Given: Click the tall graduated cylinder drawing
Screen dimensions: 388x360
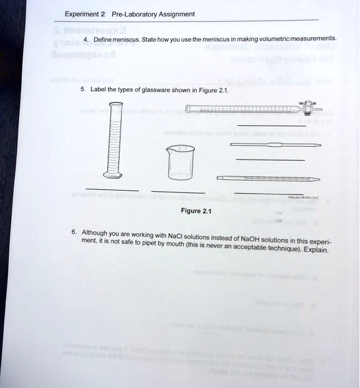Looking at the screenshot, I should click(x=116, y=139).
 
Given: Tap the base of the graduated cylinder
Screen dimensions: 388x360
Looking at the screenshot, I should click(x=116, y=178).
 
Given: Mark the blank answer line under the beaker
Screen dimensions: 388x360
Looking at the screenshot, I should click(x=177, y=193).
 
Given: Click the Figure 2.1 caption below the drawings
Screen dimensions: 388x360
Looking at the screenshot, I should click(x=196, y=211).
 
